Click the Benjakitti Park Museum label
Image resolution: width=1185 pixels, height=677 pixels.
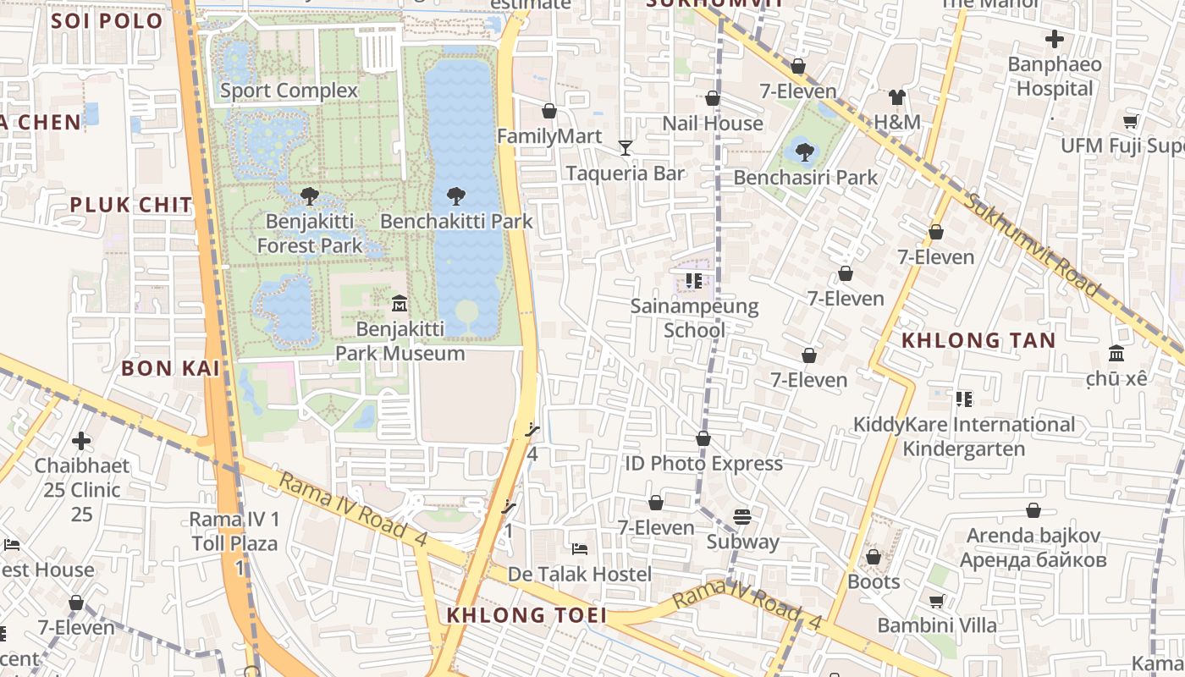coord(400,341)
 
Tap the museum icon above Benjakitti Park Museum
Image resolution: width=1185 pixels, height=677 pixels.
coord(400,303)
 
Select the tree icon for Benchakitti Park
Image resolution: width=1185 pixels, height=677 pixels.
coord(456,196)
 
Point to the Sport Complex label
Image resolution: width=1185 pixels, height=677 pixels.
coord(289,91)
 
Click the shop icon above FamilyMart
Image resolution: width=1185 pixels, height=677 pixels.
coord(549,111)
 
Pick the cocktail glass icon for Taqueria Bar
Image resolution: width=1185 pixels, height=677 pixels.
coord(626,148)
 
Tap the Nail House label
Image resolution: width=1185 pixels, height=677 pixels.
coord(712,124)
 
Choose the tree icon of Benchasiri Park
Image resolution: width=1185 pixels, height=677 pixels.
coord(805,152)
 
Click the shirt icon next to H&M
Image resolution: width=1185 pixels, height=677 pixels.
coord(897,97)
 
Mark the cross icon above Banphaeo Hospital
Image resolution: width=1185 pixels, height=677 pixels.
coord(1055,39)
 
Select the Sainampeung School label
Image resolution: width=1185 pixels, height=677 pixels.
coord(694,317)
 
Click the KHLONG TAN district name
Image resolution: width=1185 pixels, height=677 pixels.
coord(978,340)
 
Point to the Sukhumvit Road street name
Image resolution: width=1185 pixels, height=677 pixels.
coord(1033,245)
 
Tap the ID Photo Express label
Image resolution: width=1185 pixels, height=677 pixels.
coord(703,463)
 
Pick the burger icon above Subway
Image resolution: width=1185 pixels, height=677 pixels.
coord(742,516)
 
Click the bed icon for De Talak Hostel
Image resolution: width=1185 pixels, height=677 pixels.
coord(580,549)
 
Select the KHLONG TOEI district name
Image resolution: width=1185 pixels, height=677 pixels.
coord(526,615)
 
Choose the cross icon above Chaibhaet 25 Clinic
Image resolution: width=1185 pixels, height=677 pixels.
coord(81,441)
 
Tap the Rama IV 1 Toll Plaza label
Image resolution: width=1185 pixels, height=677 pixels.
coord(234,531)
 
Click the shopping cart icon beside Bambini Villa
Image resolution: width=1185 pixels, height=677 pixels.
coord(937,601)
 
